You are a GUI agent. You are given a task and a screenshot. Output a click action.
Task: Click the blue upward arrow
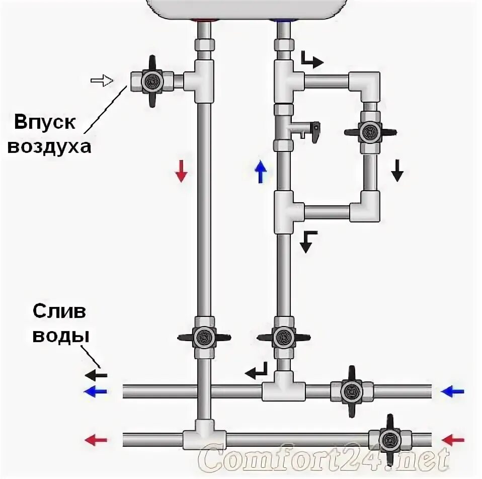tap(260, 173)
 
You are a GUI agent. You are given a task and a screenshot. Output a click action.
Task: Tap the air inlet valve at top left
tap(151, 81)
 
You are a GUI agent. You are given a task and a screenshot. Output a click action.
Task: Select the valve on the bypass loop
tap(371, 133)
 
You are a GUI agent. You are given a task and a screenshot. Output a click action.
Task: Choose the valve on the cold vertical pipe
tap(283, 336)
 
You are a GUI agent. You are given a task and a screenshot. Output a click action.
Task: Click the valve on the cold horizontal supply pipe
tap(351, 390)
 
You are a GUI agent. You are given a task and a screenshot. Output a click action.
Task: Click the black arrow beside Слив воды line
tap(96, 375)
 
